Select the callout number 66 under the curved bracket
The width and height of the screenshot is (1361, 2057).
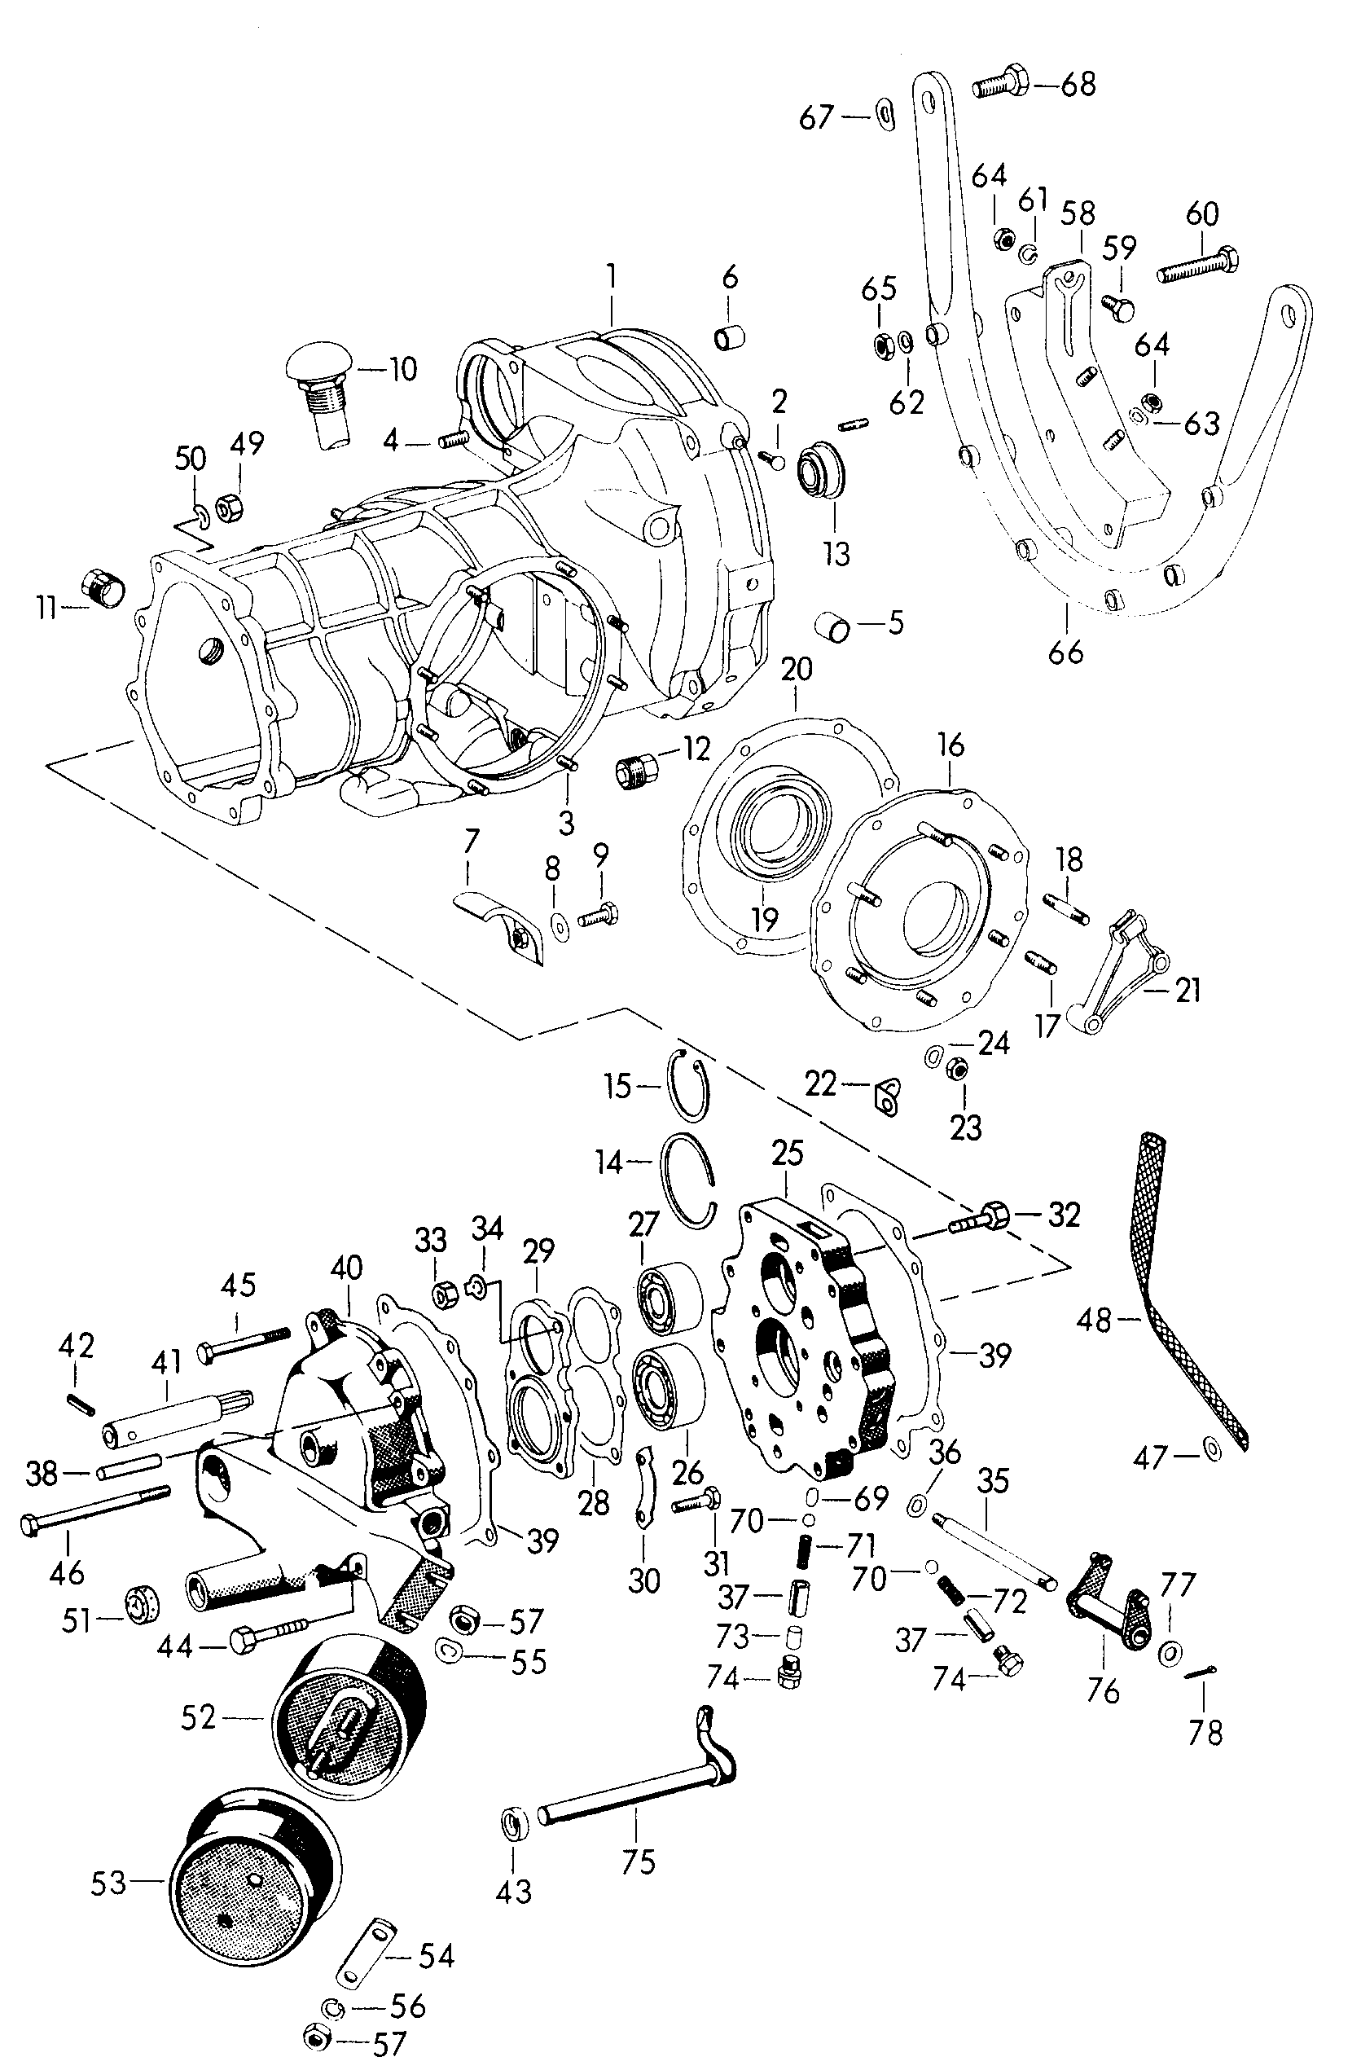coord(1065,652)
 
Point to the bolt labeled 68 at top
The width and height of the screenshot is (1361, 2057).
coord(1001,86)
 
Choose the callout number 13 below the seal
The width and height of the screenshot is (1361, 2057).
coord(836,555)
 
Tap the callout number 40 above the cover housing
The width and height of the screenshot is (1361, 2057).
coord(346,1269)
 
